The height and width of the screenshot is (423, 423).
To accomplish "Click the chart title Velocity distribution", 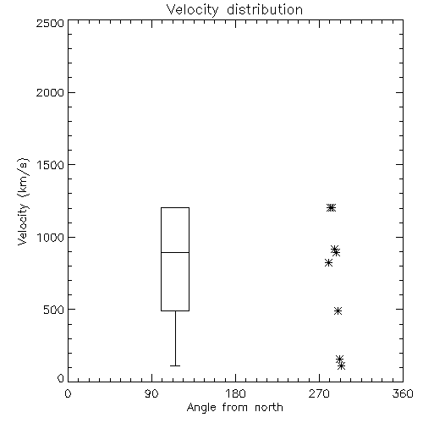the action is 234,10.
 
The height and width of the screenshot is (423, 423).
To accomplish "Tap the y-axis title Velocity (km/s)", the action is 23,201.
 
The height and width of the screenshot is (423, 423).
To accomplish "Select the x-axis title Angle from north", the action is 234,407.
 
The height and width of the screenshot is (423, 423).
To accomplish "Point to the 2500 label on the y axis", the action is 50,23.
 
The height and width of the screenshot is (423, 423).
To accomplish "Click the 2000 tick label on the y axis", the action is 50,92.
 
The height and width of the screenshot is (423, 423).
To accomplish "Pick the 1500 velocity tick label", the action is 51,165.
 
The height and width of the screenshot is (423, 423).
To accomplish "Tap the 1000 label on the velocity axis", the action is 51,238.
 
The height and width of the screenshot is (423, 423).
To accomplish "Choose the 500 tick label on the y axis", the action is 54,310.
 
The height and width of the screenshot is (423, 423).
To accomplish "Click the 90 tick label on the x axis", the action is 151,393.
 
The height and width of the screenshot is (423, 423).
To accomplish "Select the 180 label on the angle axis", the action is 235,393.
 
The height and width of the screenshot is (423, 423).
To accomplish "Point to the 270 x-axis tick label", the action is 319,393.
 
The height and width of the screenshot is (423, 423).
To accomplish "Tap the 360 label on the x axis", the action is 403,393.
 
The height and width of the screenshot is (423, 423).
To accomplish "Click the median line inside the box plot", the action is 175,252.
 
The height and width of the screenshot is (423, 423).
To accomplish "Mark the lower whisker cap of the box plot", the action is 175,365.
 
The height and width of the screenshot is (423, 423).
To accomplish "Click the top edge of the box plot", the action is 175,207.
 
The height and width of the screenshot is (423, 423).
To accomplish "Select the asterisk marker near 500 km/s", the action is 338,310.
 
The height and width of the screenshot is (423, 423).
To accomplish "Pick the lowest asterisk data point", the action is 341,366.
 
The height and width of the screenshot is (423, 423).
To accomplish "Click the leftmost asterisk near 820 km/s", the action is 328,263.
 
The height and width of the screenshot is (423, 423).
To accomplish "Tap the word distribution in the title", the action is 265,10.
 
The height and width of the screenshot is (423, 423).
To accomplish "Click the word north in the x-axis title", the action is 269,407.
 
